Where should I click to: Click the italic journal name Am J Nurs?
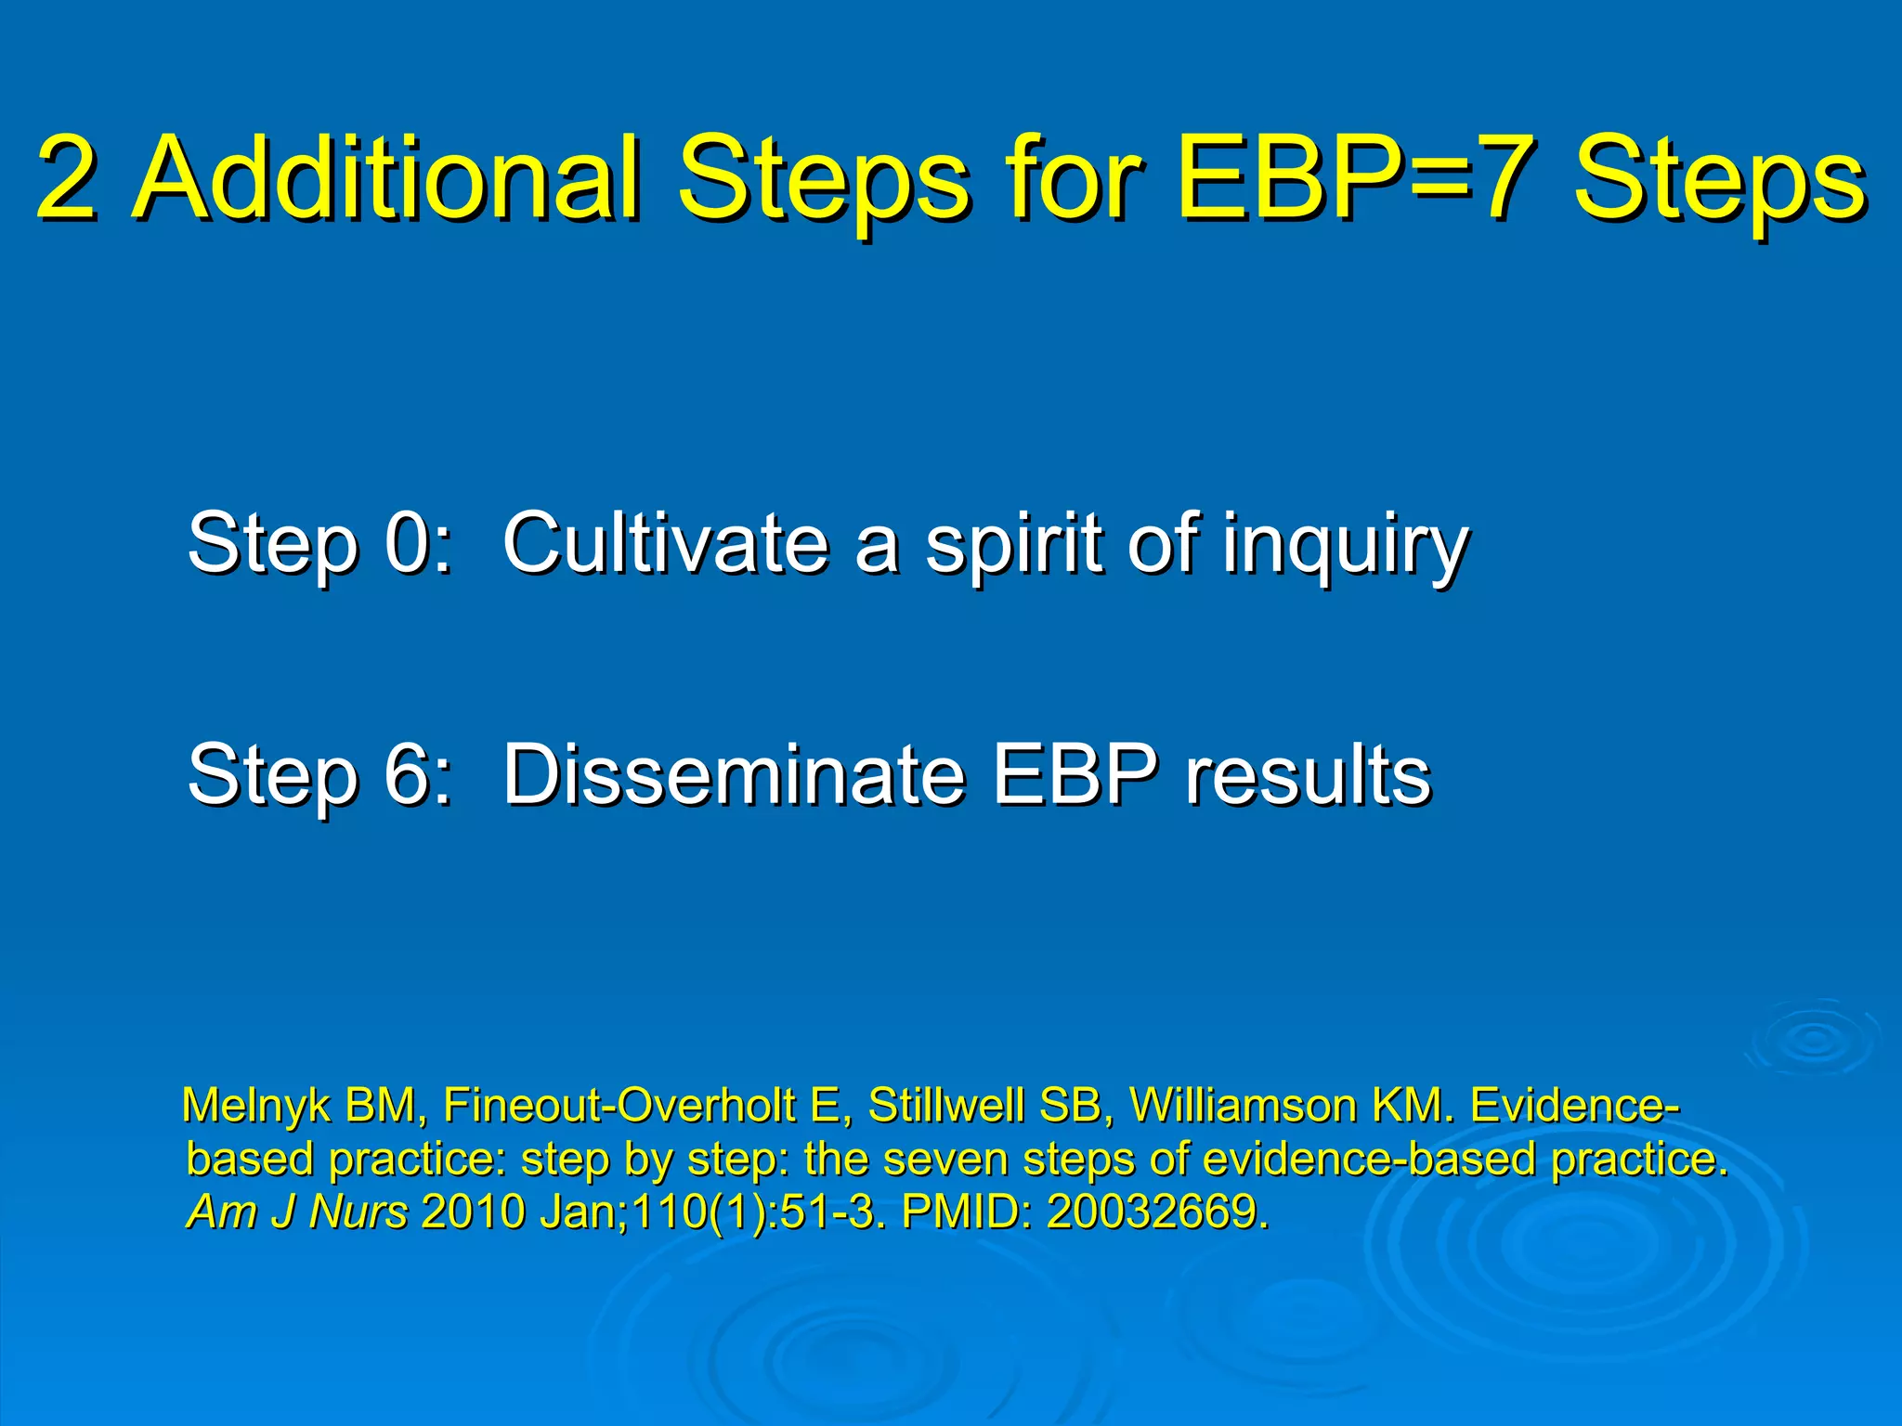[x=297, y=1212]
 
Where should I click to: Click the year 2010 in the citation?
[x=474, y=1212]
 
